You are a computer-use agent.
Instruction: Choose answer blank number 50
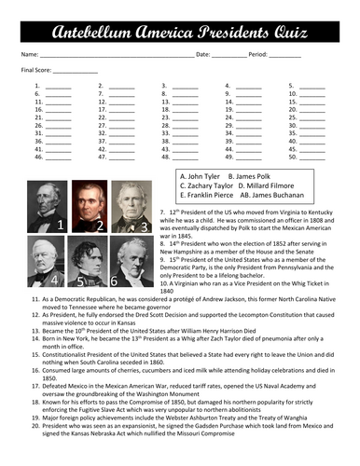click(x=314, y=157)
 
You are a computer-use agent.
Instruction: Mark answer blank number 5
click(x=314, y=86)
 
